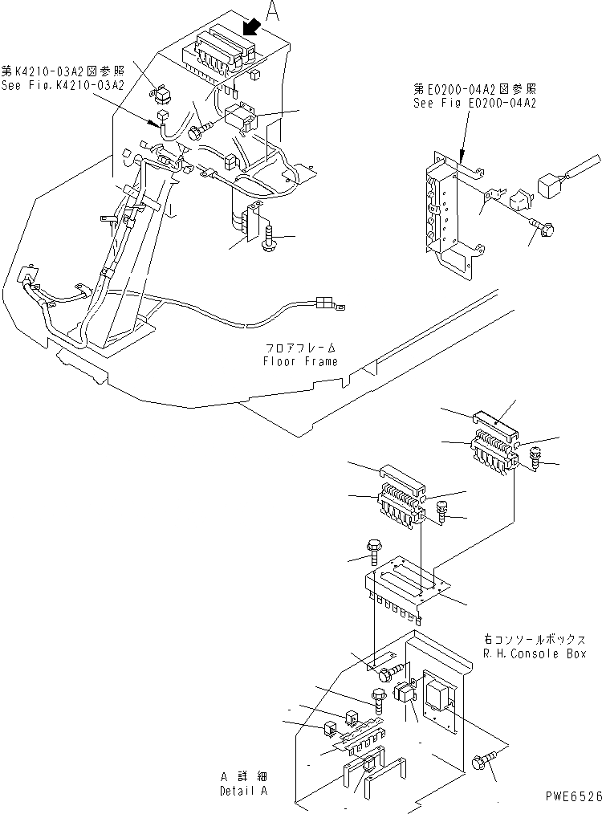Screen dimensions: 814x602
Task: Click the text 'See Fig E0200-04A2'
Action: (x=474, y=103)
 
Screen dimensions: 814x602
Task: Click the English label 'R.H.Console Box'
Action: (x=535, y=654)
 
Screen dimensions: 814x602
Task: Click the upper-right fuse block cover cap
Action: (x=498, y=419)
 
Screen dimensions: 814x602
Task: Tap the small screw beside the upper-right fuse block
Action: (x=535, y=460)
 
